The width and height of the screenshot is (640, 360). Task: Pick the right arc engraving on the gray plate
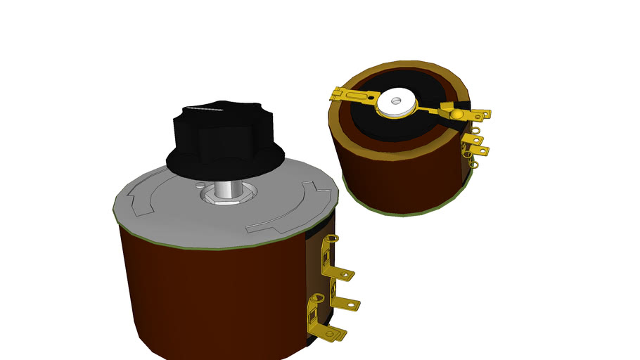click(x=295, y=211)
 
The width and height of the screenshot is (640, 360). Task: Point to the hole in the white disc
click(x=395, y=101)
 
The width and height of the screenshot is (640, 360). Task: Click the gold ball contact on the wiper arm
click(x=457, y=114)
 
